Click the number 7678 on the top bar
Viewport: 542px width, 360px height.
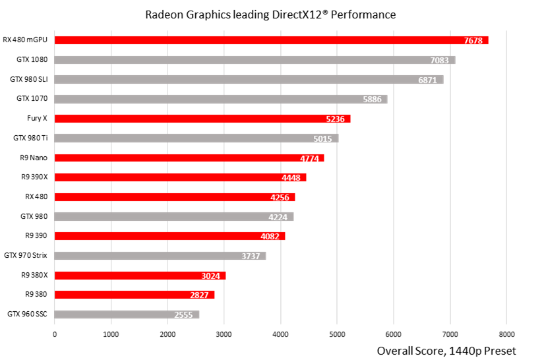[x=473, y=41]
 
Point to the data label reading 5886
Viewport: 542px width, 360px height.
[x=372, y=100]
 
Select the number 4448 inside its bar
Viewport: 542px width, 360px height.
[x=291, y=178]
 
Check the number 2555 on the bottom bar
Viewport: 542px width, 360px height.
[x=183, y=315]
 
